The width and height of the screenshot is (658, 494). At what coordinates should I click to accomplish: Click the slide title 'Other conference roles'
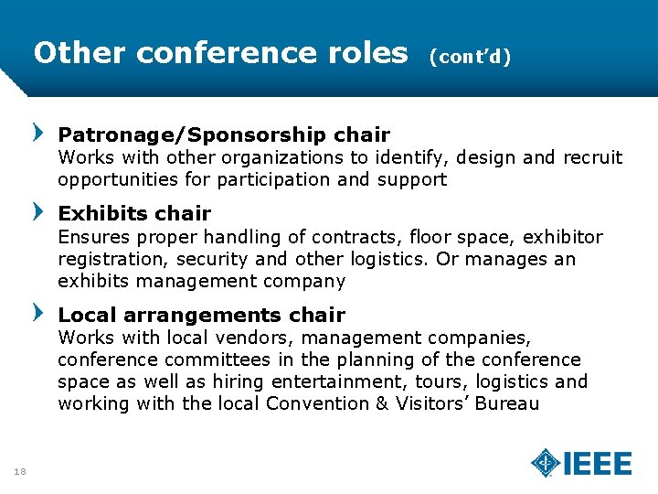220,53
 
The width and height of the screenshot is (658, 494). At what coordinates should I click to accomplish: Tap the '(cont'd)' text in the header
469,56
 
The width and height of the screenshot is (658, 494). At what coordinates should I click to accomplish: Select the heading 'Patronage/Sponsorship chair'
224,134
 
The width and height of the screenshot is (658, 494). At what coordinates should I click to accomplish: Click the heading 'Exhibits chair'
134,214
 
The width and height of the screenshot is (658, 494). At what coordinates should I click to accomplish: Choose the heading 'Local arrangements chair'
201,316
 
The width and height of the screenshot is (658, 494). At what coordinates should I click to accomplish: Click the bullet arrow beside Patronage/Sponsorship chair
37,134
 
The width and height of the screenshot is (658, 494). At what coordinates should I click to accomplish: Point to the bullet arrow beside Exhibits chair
37,213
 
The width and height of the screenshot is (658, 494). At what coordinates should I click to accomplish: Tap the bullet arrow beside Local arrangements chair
37,314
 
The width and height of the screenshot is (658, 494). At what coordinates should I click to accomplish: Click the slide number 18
20,471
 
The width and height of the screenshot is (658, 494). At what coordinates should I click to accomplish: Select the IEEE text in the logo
598,464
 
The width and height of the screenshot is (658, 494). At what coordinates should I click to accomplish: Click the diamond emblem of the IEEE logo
547,463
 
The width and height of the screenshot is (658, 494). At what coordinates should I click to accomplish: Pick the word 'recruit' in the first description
593,157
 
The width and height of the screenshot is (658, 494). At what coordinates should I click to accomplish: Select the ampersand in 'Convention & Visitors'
383,403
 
